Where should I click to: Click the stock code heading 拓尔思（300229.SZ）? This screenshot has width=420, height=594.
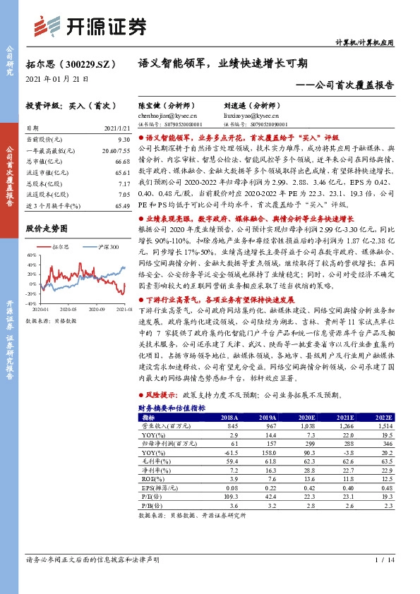(x=68, y=64)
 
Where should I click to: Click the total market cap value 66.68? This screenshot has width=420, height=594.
(x=122, y=162)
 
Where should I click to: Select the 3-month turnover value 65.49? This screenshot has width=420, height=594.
(x=122, y=205)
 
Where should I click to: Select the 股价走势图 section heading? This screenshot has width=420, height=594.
(x=47, y=229)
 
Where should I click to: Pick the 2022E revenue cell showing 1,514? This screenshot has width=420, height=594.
(x=384, y=426)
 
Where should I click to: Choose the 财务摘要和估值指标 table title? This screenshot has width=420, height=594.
(x=172, y=408)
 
